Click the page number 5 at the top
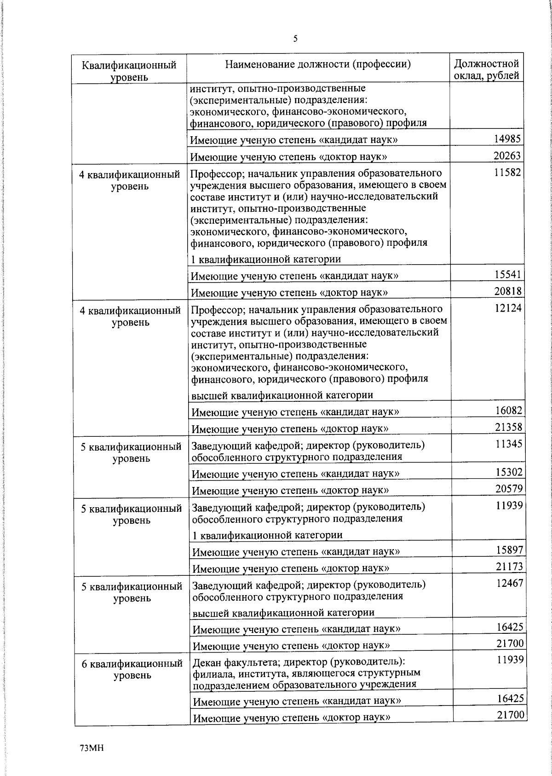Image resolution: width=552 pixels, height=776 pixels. [295, 39]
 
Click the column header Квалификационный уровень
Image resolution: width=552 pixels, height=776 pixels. [129, 71]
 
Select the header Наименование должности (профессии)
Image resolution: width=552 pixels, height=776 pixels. [317, 64]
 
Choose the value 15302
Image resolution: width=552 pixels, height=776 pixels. [509, 472]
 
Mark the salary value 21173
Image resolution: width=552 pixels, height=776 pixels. [509, 567]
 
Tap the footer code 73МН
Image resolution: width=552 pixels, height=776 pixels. [92, 748]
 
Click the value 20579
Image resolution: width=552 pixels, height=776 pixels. [509, 489]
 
